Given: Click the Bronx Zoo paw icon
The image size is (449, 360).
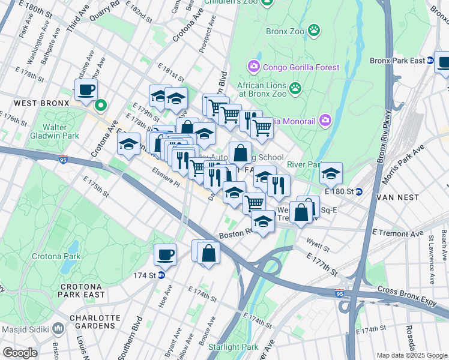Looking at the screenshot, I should pos(313,29).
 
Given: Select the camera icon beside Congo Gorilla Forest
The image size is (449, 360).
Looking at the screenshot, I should pos(253,65).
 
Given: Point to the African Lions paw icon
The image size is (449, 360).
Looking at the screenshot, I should pos(295,89).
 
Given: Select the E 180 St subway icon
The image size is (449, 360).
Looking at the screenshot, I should pos(359,191).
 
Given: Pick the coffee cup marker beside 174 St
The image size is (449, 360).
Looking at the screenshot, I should pos(165,254).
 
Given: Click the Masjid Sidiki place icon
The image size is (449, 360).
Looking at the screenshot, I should pos(58,328).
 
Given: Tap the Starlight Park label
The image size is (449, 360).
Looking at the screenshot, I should pos(233,347).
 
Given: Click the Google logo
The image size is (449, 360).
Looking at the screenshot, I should pos(20,353).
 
